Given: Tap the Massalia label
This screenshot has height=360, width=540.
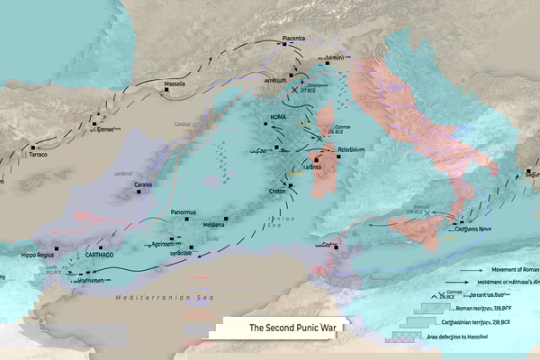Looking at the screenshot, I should coord(175,84).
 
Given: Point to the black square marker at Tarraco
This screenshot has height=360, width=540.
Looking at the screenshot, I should coord(33,147).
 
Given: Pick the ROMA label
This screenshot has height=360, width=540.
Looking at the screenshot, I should coord(277,117).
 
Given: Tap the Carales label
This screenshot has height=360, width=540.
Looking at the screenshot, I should coord(143,184).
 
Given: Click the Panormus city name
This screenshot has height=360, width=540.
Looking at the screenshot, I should coord(184,212).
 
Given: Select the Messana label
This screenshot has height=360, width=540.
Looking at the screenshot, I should coord(213,224).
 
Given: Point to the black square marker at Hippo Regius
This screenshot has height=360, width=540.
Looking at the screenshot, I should coord(56,247).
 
